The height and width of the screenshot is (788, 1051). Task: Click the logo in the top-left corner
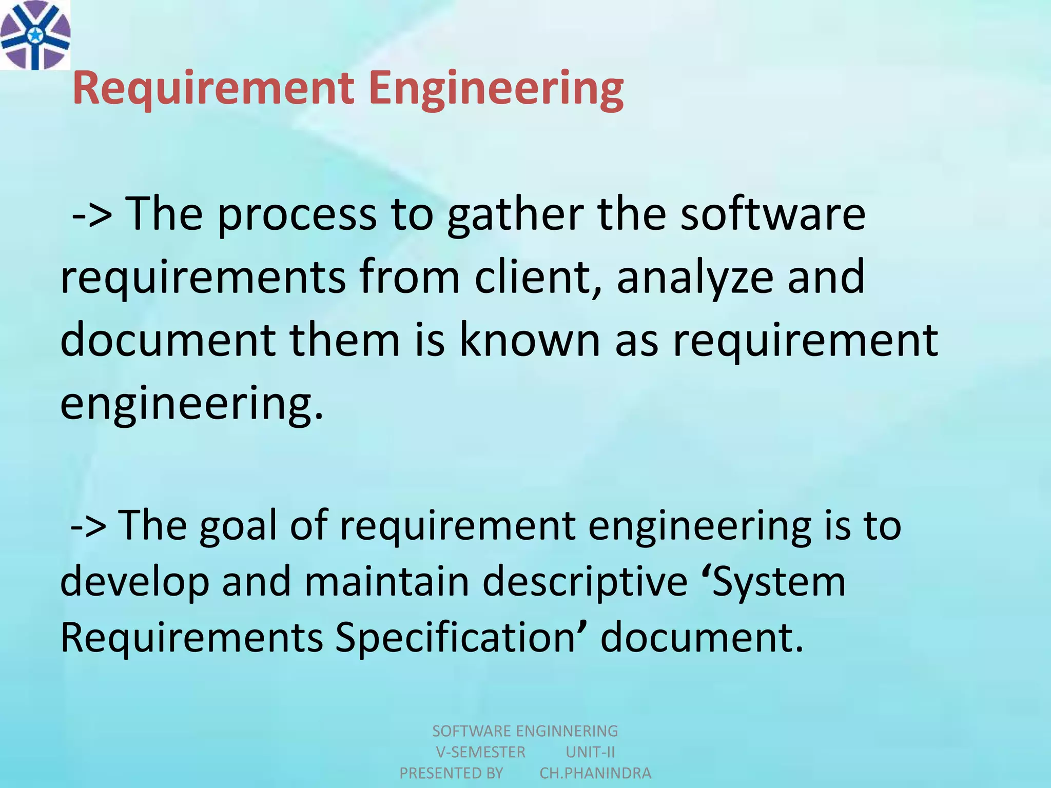35,35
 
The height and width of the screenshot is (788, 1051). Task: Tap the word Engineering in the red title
496,88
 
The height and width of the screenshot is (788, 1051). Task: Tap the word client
537,277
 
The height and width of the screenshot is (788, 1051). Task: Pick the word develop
134,583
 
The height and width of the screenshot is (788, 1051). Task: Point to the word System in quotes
779,583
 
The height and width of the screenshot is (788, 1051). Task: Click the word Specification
456,639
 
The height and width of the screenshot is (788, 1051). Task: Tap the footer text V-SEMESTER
480,752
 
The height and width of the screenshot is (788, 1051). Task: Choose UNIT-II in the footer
590,752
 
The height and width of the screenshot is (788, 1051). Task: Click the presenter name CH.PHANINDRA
595,773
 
